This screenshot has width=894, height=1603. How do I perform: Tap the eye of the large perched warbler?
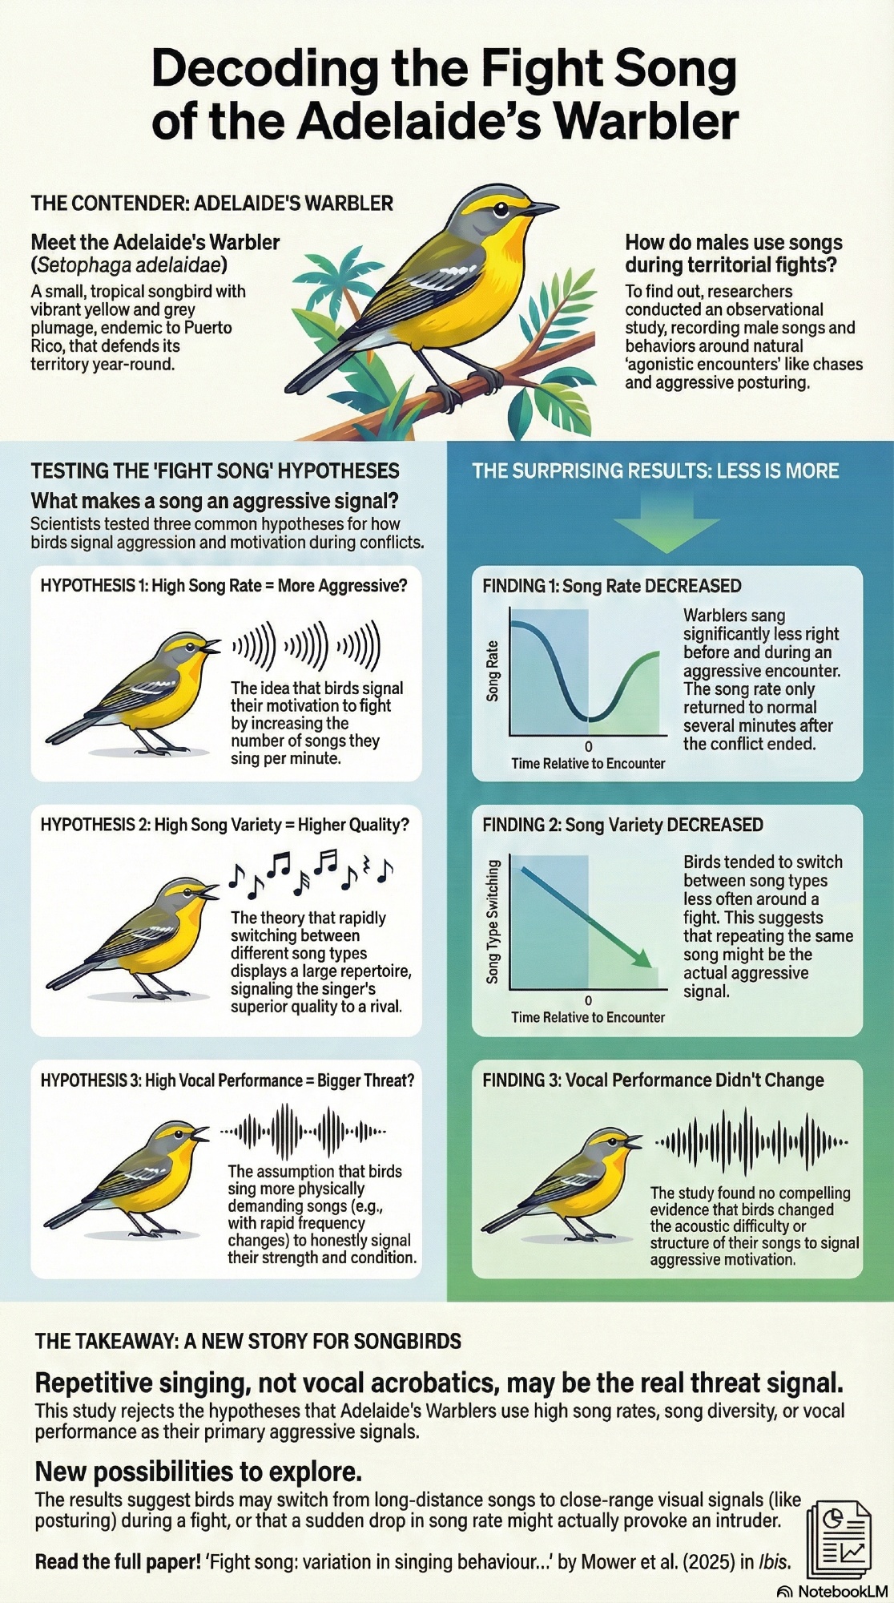tap(501, 211)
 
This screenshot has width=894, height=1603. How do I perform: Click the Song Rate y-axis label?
tap(493, 671)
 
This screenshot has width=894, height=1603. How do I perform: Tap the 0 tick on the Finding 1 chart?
tap(589, 746)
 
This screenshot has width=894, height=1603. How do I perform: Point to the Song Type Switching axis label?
tap(493, 922)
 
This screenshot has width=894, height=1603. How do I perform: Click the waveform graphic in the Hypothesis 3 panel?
tap(303, 1132)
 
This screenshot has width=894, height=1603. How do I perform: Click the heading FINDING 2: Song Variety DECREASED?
tap(622, 826)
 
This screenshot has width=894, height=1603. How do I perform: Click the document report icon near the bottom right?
tap(839, 1538)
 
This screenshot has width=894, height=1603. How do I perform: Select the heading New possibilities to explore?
tap(198, 1472)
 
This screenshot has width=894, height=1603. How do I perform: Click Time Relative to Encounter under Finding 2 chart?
tap(588, 1017)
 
